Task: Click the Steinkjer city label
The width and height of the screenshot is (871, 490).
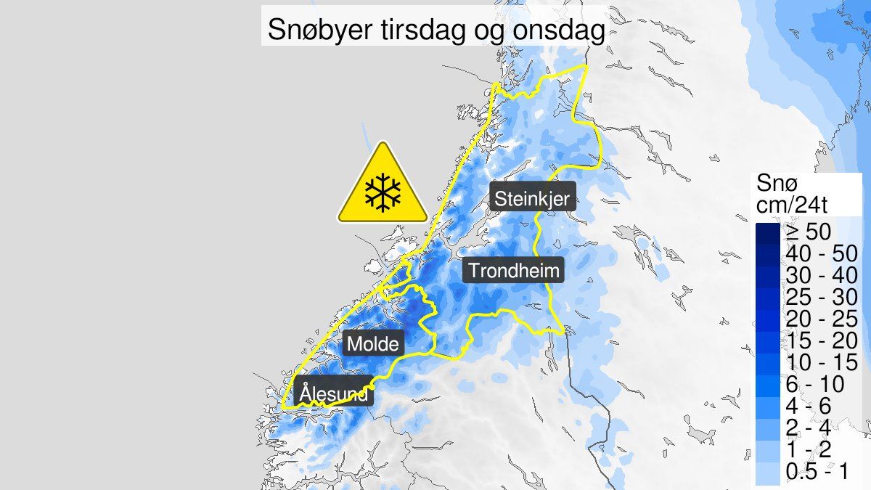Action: point(533,197)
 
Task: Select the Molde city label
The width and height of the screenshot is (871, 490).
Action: point(373,343)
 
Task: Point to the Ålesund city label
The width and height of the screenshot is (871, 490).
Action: point(334,393)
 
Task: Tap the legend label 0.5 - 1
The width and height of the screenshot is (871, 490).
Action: point(814,471)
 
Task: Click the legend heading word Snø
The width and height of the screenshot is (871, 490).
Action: point(775,184)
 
